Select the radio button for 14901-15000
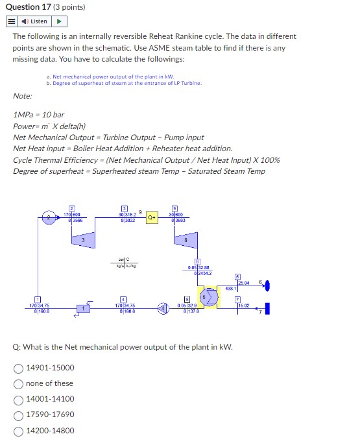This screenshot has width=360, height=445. point(19,368)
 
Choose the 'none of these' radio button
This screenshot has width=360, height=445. point(19,383)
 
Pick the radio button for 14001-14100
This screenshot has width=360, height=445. point(19,399)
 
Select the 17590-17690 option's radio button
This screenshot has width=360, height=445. point(19,415)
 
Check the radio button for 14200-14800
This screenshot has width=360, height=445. point(19,431)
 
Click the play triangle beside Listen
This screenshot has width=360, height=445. point(64,21)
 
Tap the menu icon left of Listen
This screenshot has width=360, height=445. point(12,21)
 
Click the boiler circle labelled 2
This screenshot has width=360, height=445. point(49,219)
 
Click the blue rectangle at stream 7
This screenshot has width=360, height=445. point(266,308)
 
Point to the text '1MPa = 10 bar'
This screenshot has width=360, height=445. point(38,114)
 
